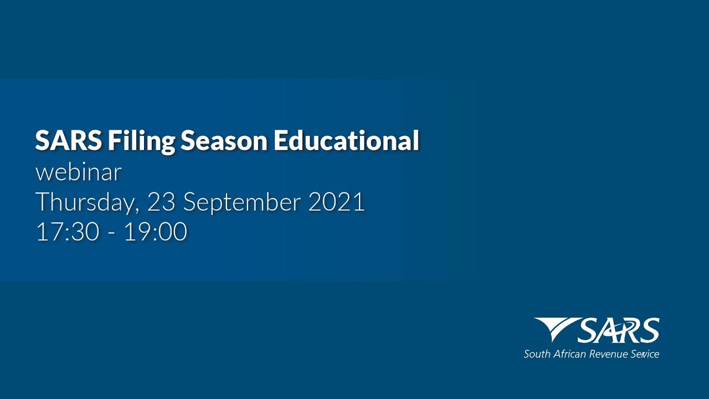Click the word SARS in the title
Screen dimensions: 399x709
click(x=68, y=141)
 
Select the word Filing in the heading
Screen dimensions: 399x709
click(x=141, y=142)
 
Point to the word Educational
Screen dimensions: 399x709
click(x=346, y=141)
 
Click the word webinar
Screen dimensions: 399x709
click(x=78, y=172)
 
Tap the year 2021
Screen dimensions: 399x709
click(x=336, y=202)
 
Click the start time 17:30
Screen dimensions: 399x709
click(x=68, y=232)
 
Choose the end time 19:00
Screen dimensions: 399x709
click(x=155, y=232)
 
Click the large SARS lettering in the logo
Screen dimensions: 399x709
click(x=618, y=331)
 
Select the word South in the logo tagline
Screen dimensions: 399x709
click(x=537, y=354)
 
